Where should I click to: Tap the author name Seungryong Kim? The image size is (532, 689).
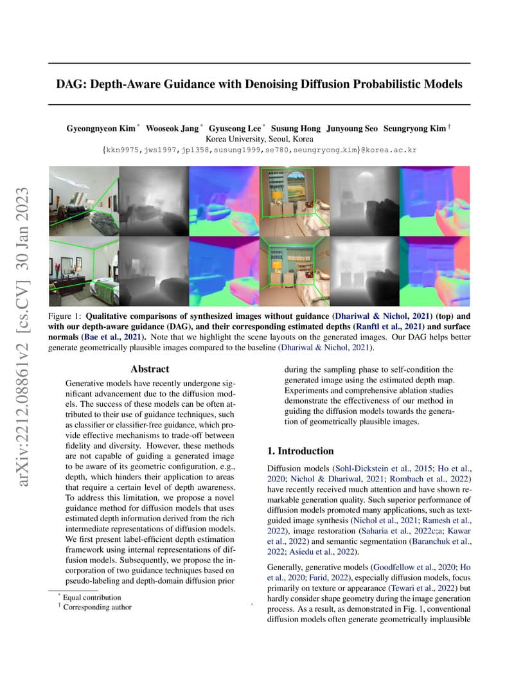414,129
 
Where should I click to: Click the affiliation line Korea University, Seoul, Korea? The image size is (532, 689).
260,139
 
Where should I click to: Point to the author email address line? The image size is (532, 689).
260,150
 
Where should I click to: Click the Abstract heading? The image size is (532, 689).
150,369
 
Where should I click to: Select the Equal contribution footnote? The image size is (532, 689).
91,598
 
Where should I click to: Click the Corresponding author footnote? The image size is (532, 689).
97,607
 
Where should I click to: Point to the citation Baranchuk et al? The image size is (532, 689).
441,541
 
